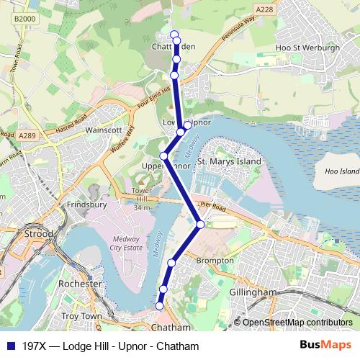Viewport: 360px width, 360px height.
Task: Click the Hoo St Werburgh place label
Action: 307,48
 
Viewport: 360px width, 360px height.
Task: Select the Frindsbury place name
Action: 87,204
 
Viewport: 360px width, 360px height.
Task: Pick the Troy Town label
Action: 81,316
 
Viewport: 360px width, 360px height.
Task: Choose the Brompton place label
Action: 215,260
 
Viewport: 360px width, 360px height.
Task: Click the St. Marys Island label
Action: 229,162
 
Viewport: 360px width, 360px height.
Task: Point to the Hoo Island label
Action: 341,172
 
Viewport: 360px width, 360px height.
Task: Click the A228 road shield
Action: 264,9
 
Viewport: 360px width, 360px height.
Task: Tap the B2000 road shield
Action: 24,18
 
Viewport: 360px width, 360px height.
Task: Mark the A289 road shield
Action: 28,135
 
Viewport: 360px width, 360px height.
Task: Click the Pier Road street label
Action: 215,207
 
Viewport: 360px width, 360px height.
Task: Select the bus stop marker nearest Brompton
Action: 171,263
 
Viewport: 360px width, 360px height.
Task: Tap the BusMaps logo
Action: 323,346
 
